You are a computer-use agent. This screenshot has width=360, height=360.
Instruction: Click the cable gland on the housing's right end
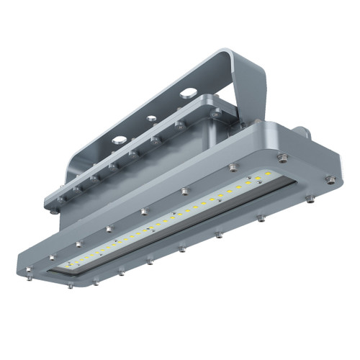[303, 133]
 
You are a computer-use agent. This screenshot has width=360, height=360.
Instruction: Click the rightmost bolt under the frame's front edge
[309, 198]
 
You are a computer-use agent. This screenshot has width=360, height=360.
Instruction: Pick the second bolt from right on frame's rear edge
[233, 168]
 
